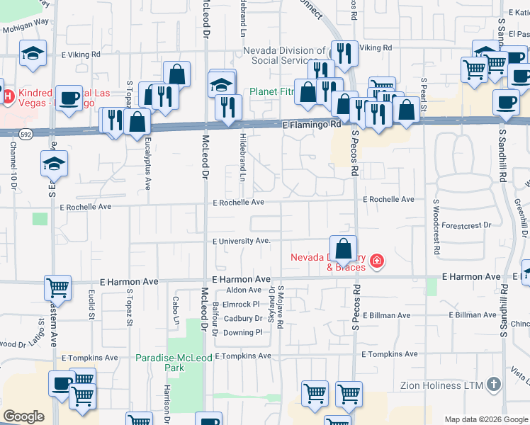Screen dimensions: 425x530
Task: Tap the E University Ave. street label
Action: [242, 242]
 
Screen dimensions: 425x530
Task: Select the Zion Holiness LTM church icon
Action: [494, 385]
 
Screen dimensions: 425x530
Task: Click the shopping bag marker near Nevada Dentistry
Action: [343, 249]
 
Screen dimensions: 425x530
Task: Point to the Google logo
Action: [23, 416]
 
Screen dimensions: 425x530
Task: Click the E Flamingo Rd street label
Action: [311, 125]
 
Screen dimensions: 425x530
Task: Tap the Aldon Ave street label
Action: [244, 290]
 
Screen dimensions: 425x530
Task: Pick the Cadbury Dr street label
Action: [243, 318]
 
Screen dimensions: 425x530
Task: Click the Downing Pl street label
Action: [243, 332]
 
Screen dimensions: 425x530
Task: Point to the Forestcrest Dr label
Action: [466, 225]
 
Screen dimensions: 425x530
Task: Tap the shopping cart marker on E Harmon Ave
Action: [57, 288]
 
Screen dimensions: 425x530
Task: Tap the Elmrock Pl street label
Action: [242, 305]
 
